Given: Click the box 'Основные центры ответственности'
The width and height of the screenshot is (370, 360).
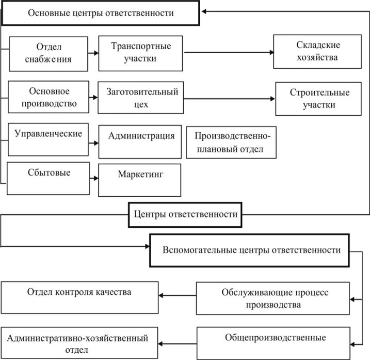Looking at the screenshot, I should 100,13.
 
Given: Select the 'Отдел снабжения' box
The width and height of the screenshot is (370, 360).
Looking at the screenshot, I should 48,53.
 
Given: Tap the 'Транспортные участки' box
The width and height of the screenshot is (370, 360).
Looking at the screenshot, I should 140,52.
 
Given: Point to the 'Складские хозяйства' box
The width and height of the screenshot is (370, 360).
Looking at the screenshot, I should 317,52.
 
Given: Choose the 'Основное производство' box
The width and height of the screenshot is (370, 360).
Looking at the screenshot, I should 48,97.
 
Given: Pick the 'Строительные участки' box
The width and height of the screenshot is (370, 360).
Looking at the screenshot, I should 319,99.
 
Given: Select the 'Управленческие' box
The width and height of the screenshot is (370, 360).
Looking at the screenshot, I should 48,139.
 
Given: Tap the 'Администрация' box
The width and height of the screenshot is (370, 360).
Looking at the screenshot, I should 140,141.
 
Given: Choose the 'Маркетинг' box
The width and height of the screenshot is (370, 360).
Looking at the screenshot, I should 140,180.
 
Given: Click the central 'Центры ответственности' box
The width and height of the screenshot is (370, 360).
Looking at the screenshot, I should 185,214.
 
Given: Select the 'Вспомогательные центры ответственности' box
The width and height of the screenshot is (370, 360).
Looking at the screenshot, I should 251,250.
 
